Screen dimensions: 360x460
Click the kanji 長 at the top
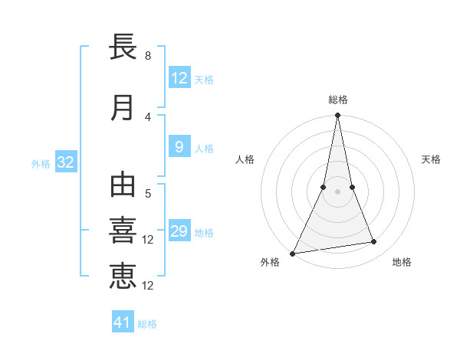coord(123,47)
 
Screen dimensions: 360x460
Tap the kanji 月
coord(123,108)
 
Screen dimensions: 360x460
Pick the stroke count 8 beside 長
coord(147,56)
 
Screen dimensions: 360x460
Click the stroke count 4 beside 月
coord(147,116)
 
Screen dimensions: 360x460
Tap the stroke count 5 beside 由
coord(147,194)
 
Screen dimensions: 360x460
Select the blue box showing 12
coord(179,78)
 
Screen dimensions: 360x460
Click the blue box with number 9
coord(179,148)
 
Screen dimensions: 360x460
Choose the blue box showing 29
coord(179,231)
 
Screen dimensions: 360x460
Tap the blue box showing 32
coord(65,162)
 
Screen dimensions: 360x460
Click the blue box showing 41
coord(123,322)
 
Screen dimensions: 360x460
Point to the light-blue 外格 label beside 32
coord(41,163)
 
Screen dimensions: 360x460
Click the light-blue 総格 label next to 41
coord(147,324)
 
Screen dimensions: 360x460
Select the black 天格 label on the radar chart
coord(432,159)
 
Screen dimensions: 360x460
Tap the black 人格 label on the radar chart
coord(245,159)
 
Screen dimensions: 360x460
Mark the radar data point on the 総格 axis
coord(337,116)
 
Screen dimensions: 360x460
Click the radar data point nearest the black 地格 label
coord(374,242)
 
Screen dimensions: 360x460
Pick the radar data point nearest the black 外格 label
coord(293,254)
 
